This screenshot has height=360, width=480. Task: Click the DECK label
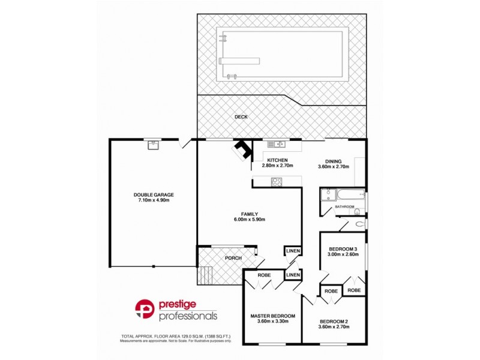pos(241,117)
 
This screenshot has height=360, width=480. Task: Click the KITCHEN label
pos(278,160)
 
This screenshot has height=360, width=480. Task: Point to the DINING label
pos(333,161)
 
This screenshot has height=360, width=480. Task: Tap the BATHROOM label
pos(345,207)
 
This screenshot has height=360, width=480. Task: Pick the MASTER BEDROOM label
pos(272,316)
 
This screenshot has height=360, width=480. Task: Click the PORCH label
pos(233,259)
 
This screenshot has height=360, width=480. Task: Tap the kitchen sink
pos(276,144)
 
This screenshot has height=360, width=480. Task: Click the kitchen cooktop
pos(277,182)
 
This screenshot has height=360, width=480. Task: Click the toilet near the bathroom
pos(359,224)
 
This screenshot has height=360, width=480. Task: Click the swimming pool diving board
pos(241,60)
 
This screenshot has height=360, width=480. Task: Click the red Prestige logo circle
pos(145,308)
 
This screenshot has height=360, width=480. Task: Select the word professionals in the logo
pos(188,315)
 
